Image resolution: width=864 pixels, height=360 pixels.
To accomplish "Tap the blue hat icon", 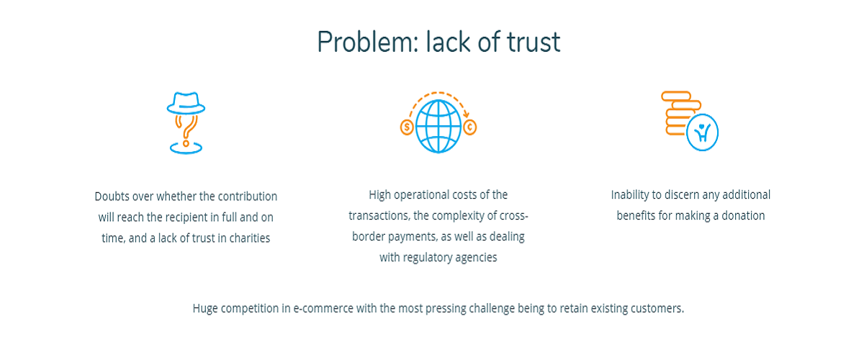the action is pos(186,103).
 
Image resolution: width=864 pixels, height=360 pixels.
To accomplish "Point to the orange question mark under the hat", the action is pos(186,131).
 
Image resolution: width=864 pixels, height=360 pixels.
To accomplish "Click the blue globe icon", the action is pos(438,126).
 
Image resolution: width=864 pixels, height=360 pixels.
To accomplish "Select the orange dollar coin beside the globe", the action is pos(407,127).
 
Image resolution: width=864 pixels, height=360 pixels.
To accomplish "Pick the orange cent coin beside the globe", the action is pos(469,127).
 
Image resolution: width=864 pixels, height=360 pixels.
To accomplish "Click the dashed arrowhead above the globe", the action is pos(467,114).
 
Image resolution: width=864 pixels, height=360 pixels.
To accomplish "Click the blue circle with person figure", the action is pos(702,132).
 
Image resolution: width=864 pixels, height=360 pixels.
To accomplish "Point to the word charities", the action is pos(250,238).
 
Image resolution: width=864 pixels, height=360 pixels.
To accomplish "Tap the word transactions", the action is pos(379,215).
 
